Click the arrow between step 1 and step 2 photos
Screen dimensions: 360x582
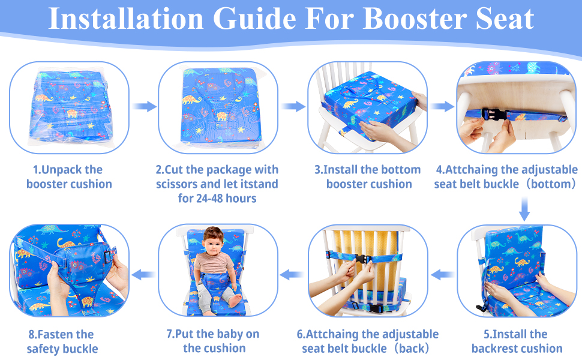144,106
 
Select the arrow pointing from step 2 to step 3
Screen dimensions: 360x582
293,106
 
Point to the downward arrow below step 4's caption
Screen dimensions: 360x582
524,209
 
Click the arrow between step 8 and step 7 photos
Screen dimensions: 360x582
143,274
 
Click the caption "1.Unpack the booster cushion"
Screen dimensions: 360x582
68,176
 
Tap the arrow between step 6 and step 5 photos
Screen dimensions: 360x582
443,274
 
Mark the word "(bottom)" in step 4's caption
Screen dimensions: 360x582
548,184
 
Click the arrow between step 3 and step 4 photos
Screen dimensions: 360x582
442,106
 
